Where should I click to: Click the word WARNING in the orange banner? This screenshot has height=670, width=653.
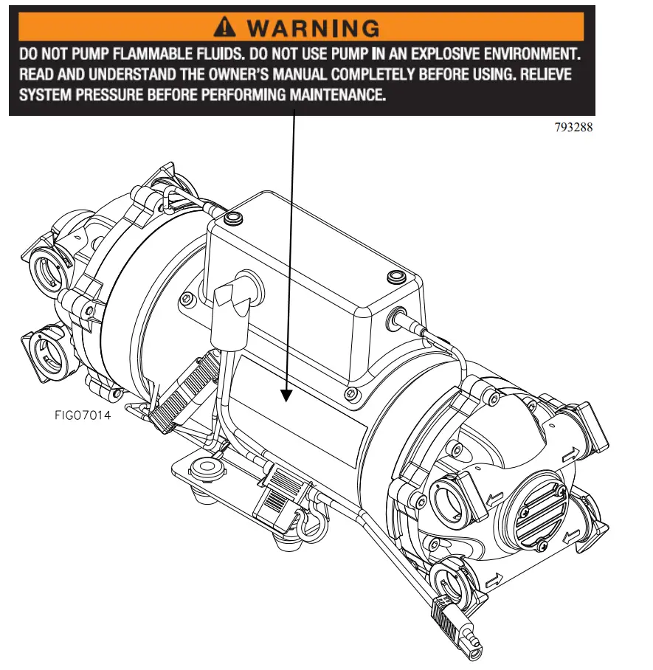click(x=314, y=28)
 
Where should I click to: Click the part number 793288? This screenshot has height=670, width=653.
click(x=573, y=127)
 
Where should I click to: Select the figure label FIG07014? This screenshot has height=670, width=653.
click(x=83, y=415)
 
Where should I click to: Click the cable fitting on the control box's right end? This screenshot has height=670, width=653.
click(x=402, y=321)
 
